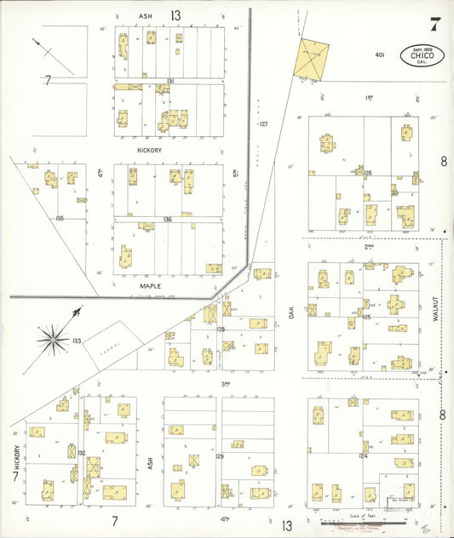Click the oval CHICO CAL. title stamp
click(422, 57)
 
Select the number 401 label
click(380, 54)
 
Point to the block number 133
click(77, 341)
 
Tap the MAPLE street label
click(151, 286)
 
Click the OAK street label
click(290, 313)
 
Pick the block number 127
click(263, 124)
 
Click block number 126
click(368, 173)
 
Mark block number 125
click(367, 317)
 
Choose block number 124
click(363, 456)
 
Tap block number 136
click(168, 220)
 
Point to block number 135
click(59, 219)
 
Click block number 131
click(170, 81)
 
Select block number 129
click(219, 456)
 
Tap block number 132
click(82, 453)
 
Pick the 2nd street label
click(369, 246)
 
